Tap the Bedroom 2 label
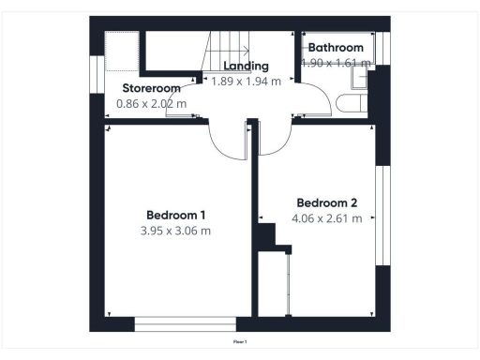pos(327,202)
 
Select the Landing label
pos(247,67)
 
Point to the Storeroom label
pos(152,88)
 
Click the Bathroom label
pos(337,48)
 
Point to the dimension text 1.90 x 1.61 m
pos(337,63)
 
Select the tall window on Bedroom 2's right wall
pos(381,216)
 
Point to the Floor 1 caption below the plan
pos(240,343)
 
